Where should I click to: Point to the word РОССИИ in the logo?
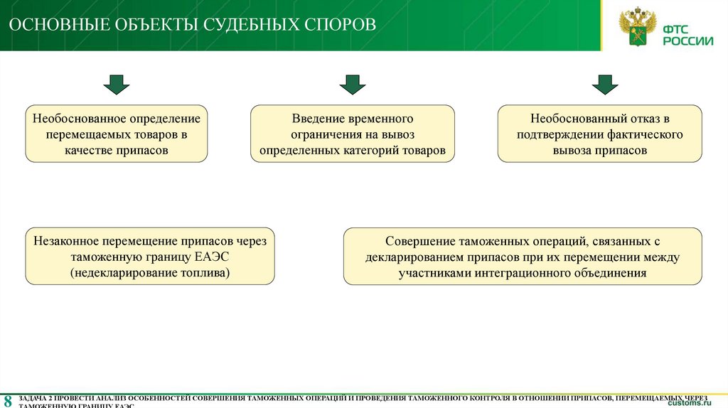point(688,41)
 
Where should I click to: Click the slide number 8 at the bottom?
point(8,399)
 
